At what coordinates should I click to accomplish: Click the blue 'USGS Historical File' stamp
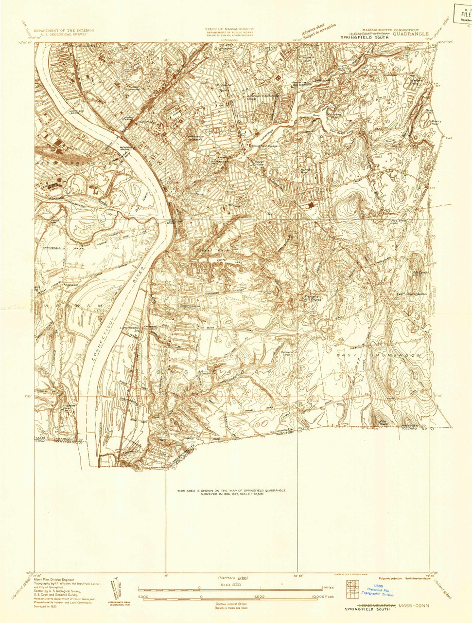pos(378,590)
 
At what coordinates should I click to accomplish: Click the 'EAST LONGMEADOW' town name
pos(380,355)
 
